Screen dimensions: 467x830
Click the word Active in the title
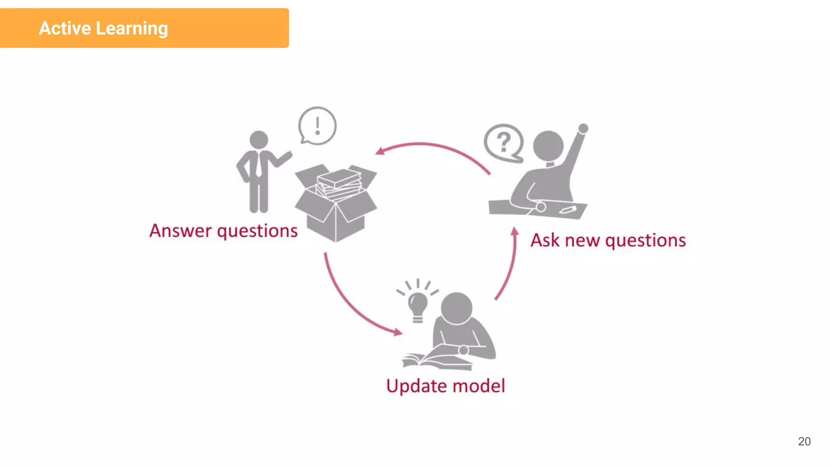pyautogui.click(x=65, y=28)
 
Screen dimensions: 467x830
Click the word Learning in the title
pyautogui.click(x=132, y=29)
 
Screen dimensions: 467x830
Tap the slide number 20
pyautogui.click(x=804, y=441)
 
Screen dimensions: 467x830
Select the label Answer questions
pyautogui.click(x=223, y=231)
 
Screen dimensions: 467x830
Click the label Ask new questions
pyautogui.click(x=608, y=240)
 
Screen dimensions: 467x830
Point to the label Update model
pyautogui.click(x=445, y=386)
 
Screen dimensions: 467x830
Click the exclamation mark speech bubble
pyautogui.click(x=317, y=126)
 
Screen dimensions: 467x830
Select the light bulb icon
pyautogui.click(x=417, y=306)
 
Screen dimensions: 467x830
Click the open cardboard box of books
pyautogui.click(x=336, y=203)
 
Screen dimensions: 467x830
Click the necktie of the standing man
pyautogui.click(x=258, y=164)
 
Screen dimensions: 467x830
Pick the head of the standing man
pyautogui.click(x=259, y=140)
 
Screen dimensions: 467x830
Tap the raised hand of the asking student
pyautogui.click(x=583, y=129)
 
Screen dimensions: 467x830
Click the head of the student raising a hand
pyautogui.click(x=548, y=146)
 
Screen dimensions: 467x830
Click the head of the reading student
pyautogui.click(x=456, y=308)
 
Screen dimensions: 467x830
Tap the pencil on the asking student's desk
pyautogui.click(x=568, y=210)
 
